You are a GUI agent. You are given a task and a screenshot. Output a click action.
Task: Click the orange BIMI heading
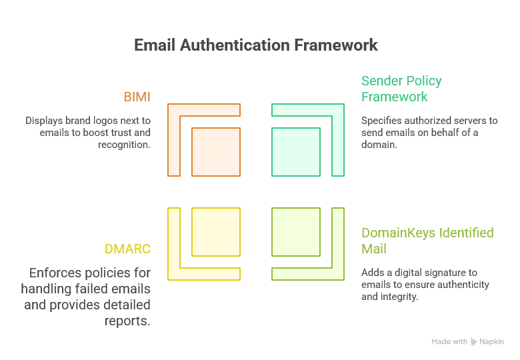click(x=137, y=97)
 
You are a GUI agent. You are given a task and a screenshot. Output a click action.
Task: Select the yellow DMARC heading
click(x=127, y=249)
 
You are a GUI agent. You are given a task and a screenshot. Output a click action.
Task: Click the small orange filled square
click(x=216, y=152)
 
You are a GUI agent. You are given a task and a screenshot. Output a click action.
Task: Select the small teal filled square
click(x=296, y=152)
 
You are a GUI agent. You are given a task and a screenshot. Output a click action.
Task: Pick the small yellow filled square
click(x=216, y=232)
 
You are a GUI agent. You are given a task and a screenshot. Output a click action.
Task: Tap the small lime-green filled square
click(x=296, y=232)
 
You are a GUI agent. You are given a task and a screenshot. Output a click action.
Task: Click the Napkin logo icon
click(x=474, y=341)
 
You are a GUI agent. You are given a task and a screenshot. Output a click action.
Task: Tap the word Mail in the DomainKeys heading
click(x=375, y=249)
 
